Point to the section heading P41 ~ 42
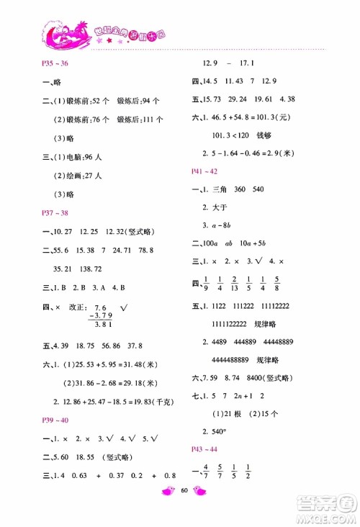pyautogui.click(x=204, y=171)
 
